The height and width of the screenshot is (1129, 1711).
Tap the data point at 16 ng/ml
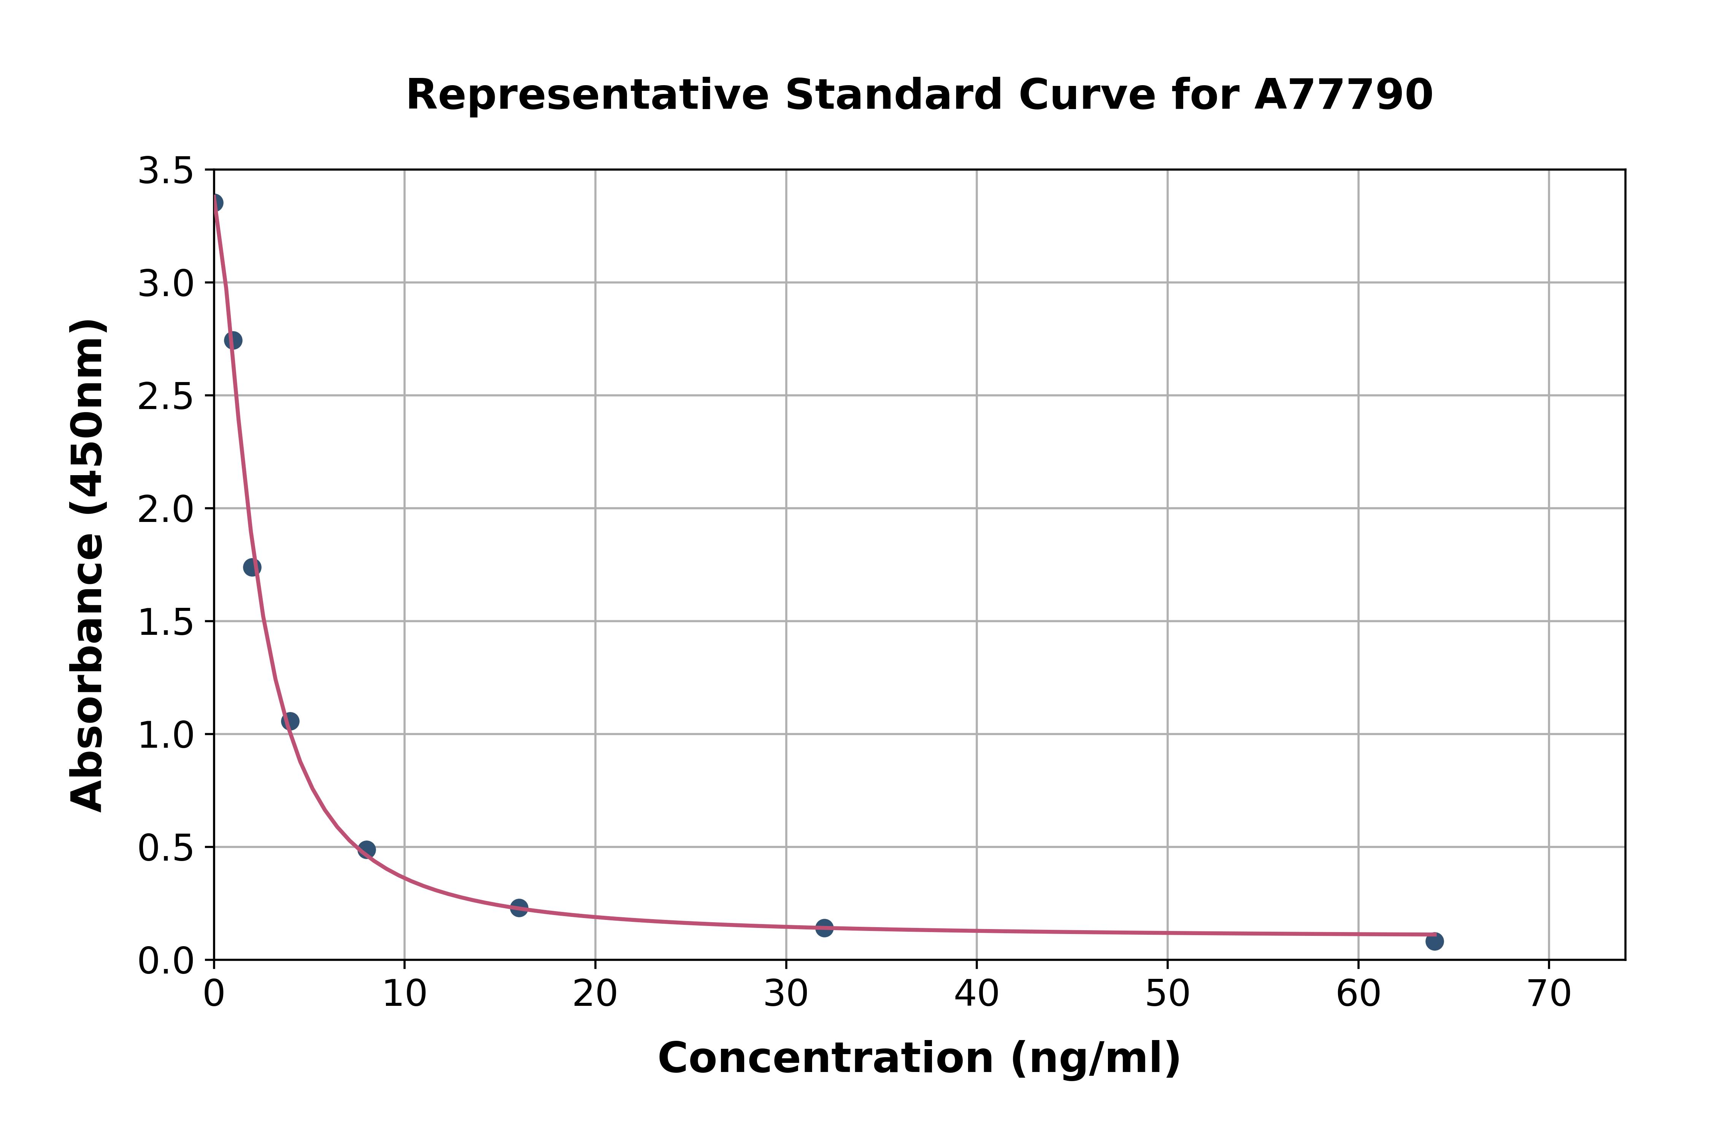pos(519,907)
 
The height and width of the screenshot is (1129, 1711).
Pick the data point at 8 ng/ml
pos(367,850)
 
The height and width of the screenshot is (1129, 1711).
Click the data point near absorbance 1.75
pos(252,568)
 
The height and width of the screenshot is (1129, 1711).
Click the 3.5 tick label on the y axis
pos(166,171)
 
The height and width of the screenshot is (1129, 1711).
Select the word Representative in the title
pos(587,95)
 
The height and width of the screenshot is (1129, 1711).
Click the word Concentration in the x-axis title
pos(826,1058)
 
